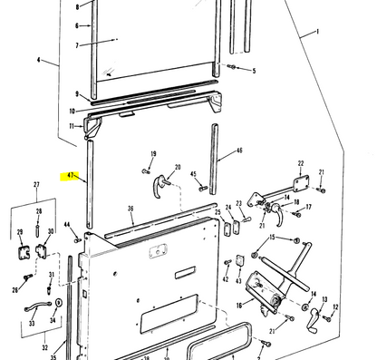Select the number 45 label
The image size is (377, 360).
point(193,174)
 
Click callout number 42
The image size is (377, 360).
point(226,279)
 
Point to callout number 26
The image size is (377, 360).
point(14,290)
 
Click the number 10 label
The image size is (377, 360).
point(72,111)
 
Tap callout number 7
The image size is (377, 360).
point(77,44)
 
